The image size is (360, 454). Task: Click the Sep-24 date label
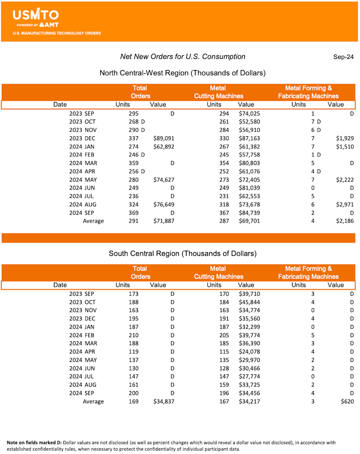coord(343,57)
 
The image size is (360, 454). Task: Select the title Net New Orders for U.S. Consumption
coord(183,57)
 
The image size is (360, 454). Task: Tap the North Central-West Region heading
coord(182,73)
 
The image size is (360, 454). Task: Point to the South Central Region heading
coord(182,254)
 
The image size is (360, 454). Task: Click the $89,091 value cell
coord(163,138)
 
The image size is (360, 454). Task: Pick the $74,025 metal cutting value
coord(249,114)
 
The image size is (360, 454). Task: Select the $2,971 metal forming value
coord(344,205)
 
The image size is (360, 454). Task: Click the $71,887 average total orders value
coord(163,221)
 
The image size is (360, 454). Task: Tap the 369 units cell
coord(133,213)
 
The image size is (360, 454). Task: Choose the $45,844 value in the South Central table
coord(249,302)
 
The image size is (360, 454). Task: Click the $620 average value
coord(347,401)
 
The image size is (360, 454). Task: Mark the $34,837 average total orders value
coord(163,401)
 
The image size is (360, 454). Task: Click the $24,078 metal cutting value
coord(249,352)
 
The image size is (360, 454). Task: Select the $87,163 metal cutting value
coord(249,138)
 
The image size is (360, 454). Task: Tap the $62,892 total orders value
coord(163,147)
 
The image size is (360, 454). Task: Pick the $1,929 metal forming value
coord(344,138)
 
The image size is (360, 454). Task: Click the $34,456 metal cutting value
coord(249,393)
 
